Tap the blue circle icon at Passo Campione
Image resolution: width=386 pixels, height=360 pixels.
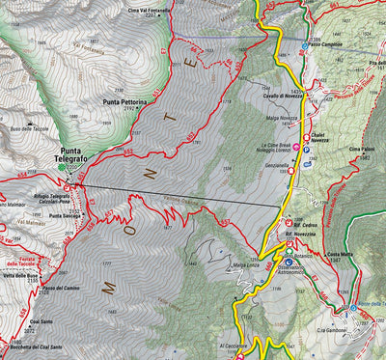click(306, 45)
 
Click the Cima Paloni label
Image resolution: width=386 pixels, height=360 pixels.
click(362, 150)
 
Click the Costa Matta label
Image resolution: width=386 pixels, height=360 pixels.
click(340, 255)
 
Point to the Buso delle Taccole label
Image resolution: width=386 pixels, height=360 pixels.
click(29, 127)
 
